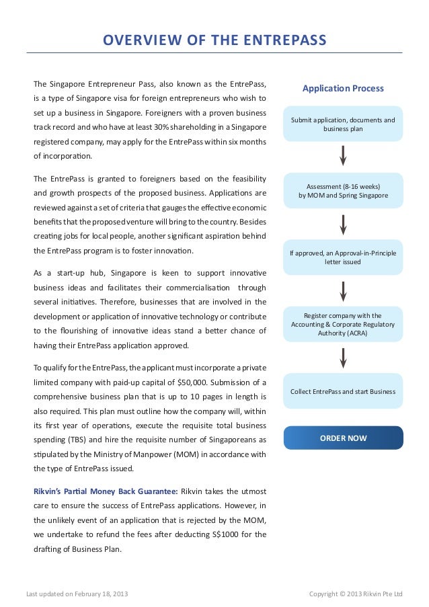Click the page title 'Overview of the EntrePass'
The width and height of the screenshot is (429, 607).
(x=214, y=41)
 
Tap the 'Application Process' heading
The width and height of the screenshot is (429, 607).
(x=343, y=88)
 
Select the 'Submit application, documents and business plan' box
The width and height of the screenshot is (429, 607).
(x=343, y=124)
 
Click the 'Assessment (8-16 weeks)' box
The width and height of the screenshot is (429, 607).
(x=343, y=190)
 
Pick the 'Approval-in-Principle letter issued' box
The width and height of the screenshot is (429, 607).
(x=343, y=257)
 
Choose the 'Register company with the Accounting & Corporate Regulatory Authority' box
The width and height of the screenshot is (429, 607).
(x=343, y=323)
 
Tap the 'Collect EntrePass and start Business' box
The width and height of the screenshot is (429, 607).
(x=343, y=391)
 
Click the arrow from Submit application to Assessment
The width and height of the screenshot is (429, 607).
(x=344, y=155)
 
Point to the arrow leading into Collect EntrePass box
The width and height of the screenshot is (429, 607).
(x=344, y=357)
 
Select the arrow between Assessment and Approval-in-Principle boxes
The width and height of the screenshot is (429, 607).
(x=344, y=224)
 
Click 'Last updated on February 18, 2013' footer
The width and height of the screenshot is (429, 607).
(x=76, y=594)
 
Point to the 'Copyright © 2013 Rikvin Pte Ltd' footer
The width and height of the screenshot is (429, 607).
(x=355, y=594)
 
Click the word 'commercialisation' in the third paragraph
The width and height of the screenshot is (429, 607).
(x=200, y=287)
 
